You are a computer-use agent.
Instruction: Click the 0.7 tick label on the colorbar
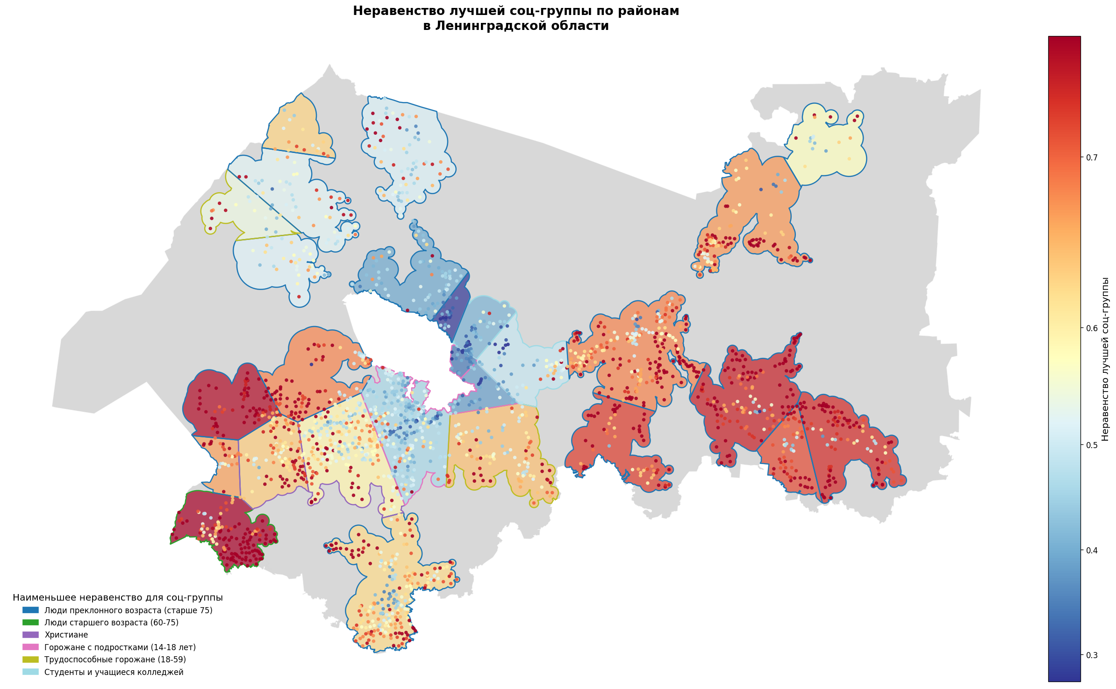click(1092, 158)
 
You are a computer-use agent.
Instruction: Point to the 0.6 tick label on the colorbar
click(1092, 328)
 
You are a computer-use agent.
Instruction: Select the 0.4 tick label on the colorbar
click(1092, 550)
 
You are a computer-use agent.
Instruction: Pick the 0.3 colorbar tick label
click(1092, 655)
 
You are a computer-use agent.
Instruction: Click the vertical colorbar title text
click(1105, 359)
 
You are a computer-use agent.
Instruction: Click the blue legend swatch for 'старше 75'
click(31, 610)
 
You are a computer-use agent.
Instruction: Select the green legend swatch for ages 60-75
click(31, 623)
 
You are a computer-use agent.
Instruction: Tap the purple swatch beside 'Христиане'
click(31, 635)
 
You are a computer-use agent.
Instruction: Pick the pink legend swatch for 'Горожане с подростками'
click(31, 647)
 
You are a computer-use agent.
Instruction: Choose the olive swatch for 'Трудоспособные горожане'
click(31, 660)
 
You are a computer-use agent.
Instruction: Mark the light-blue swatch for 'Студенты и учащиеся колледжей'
click(31, 672)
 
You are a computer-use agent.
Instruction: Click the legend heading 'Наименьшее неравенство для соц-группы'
click(117, 598)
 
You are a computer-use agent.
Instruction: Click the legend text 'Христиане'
click(66, 635)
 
